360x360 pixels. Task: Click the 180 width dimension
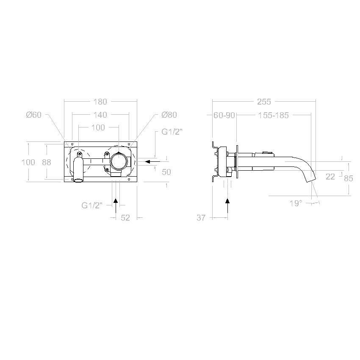tap(100, 102)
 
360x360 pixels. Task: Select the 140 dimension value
tap(100, 115)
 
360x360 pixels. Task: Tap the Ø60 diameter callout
tap(34, 115)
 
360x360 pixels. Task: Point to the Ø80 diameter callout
tap(169, 115)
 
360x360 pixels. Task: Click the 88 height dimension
tap(47, 162)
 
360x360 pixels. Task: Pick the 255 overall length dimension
tap(264, 102)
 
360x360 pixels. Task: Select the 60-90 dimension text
tap(224, 115)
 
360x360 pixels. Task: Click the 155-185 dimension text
tap(273, 115)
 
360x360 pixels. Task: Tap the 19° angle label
tap(296, 203)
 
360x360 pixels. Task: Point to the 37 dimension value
tap(201, 218)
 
